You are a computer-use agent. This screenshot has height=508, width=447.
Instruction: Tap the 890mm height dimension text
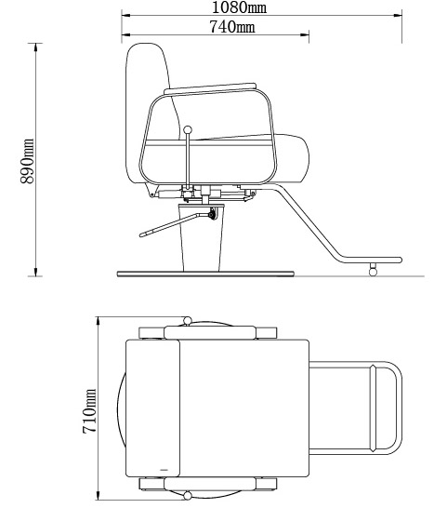pos(29,160)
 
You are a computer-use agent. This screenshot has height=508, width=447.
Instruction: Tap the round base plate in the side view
pos(205,273)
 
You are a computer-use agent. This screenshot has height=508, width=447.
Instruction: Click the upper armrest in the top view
pos(208,331)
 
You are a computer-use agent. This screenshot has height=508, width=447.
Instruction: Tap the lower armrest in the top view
pos(208,484)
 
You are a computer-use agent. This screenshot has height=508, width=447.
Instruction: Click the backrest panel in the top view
pos(151,407)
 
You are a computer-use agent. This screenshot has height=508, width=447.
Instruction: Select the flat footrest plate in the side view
pos(370,260)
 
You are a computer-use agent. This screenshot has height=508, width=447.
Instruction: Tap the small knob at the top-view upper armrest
pos(188,322)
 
